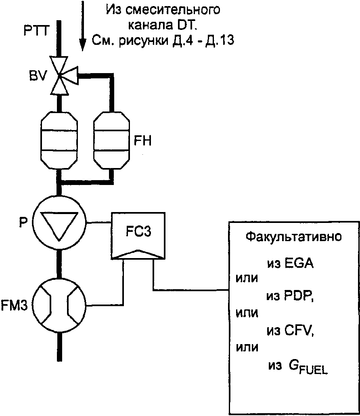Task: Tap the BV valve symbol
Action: point(60,75)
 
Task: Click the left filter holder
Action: point(60,140)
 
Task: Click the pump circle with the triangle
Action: point(60,222)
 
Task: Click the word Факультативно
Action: point(293,237)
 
